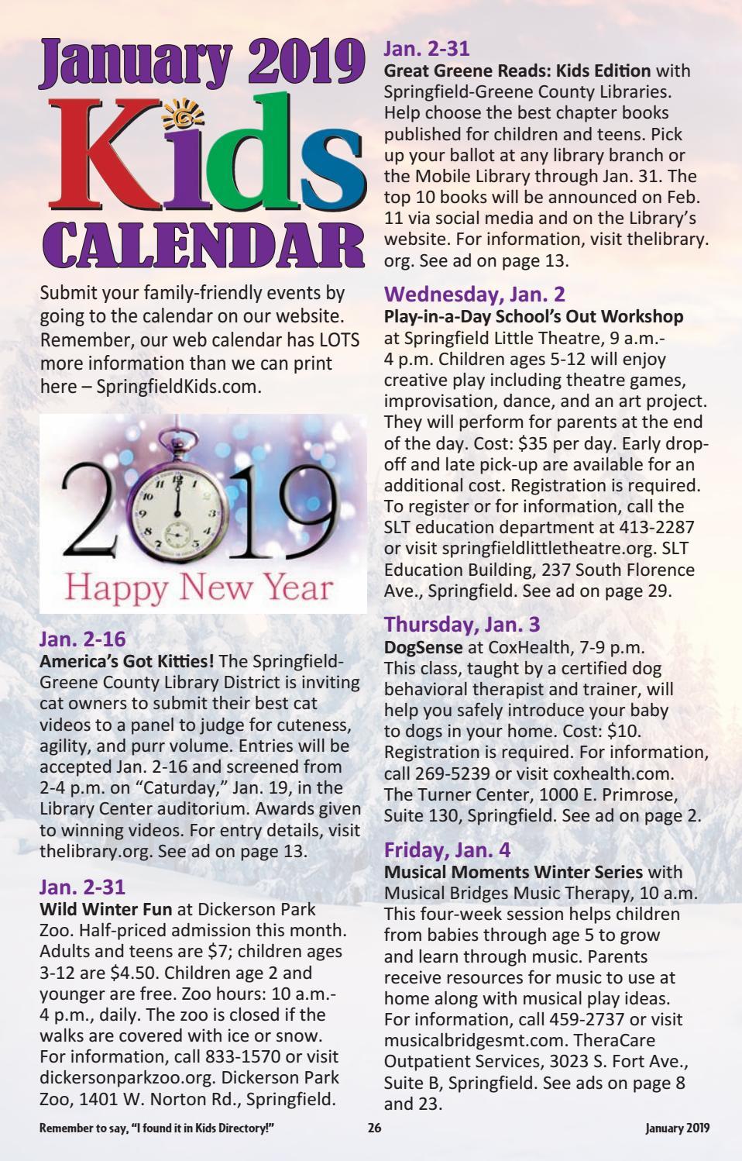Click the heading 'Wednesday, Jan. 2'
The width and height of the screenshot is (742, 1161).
tap(474, 295)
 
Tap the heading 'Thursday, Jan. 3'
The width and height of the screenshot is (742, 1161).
tap(462, 624)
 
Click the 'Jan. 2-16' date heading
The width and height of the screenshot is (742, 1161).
tap(82, 639)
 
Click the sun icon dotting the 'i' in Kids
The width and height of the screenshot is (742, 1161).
tap(183, 119)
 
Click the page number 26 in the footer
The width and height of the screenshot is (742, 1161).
tap(374, 1128)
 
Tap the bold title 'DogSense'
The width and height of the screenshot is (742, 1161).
tap(423, 646)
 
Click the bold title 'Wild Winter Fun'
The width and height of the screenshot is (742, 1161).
tap(106, 909)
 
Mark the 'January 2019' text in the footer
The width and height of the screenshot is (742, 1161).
tap(677, 1128)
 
